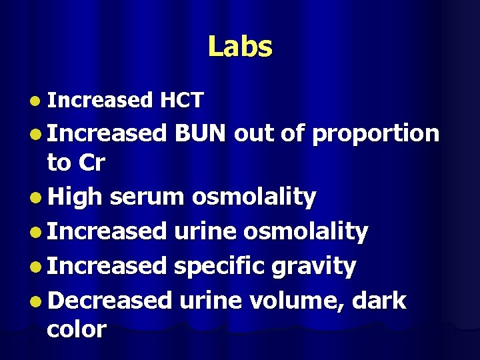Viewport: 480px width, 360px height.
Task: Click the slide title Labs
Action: [x=240, y=47]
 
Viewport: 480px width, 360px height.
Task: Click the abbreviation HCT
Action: [x=181, y=101]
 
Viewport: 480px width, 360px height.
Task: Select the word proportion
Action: [x=375, y=135]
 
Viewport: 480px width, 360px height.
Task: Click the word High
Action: [x=75, y=197]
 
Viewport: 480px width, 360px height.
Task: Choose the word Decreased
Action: [x=109, y=301]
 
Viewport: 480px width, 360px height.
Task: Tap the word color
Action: [x=77, y=329]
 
